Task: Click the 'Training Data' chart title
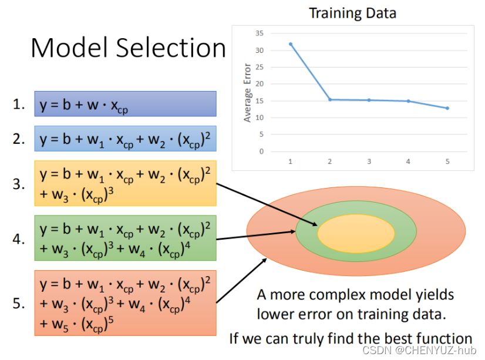(352, 12)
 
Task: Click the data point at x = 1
(290, 43)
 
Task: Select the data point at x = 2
(329, 99)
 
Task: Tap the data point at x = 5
(447, 108)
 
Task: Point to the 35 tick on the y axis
(260, 33)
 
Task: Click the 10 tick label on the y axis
(260, 117)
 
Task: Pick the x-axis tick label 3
(369, 161)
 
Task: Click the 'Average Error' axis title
(247, 92)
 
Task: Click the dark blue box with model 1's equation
(125, 104)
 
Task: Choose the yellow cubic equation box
(125, 183)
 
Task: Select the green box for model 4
(125, 238)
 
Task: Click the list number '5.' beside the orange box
(19, 303)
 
